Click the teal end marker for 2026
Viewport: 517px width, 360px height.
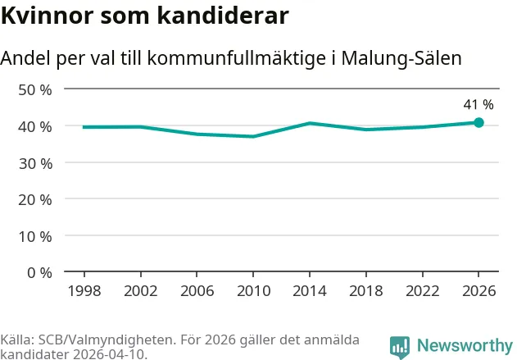[478, 122]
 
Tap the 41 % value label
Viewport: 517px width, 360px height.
[478, 105]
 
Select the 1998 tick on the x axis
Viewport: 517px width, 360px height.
[84, 290]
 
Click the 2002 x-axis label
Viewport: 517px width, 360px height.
[140, 290]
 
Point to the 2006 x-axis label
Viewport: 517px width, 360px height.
[197, 290]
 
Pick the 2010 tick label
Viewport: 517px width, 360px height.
[253, 290]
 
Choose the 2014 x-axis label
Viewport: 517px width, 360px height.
[310, 290]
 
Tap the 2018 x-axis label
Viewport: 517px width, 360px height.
[366, 290]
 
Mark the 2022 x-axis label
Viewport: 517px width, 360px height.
[423, 290]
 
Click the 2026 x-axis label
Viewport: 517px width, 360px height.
[478, 290]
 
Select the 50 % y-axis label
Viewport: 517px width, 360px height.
[35, 89]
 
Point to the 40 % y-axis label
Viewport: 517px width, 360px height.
[35, 126]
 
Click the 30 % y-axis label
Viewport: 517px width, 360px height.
[35, 162]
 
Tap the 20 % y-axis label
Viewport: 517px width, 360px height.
[35, 199]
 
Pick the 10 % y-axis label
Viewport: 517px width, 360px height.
[35, 236]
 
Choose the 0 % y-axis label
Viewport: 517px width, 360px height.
[39, 272]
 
